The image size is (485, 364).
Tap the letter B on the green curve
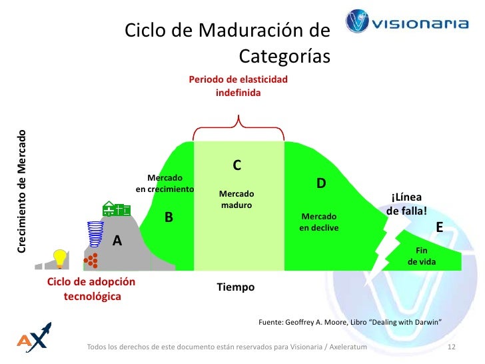click(169, 217)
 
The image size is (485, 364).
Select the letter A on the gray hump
click(117, 241)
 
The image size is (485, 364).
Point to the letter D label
click(320, 183)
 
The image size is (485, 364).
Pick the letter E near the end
click(439, 228)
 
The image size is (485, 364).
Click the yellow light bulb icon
click(61, 257)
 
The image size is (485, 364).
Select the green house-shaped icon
click(116, 209)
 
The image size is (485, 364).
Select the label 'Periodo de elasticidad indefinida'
click(239, 86)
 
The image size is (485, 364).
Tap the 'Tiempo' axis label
click(236, 287)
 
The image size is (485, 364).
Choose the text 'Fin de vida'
click(421, 256)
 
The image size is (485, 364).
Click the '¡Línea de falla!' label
click(406, 205)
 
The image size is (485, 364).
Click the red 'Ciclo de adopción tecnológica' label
click(91, 289)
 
